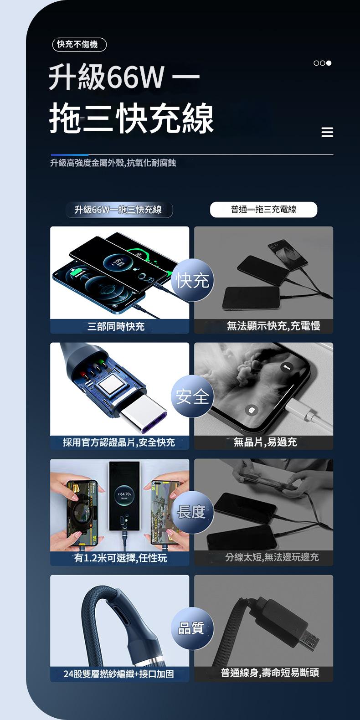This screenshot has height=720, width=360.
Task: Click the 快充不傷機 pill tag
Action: tap(79, 44)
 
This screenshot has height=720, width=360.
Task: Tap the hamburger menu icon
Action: tap(327, 133)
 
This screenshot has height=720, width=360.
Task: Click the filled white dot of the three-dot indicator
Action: tap(329, 63)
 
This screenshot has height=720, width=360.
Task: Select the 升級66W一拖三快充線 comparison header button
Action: tap(118, 210)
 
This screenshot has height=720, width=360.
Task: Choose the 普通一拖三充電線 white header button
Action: tap(263, 210)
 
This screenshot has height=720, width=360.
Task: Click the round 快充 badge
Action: tap(192, 280)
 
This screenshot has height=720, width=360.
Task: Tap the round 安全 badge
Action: tap(192, 396)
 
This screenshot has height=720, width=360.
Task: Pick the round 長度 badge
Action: tap(192, 512)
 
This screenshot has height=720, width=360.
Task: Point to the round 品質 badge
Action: tap(192, 628)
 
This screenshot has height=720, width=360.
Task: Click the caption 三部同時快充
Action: tap(116, 327)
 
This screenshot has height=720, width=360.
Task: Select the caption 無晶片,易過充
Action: tap(265, 442)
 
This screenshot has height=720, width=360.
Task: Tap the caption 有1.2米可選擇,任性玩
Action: tap(121, 558)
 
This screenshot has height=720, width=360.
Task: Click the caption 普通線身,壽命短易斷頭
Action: tap(270, 673)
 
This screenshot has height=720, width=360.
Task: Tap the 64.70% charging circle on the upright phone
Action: tap(124, 495)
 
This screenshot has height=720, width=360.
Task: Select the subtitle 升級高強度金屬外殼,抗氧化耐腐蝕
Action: tap(113, 163)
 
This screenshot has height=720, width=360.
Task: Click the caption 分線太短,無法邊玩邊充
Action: tap(272, 557)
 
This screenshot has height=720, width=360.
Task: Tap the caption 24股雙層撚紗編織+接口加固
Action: tap(118, 674)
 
